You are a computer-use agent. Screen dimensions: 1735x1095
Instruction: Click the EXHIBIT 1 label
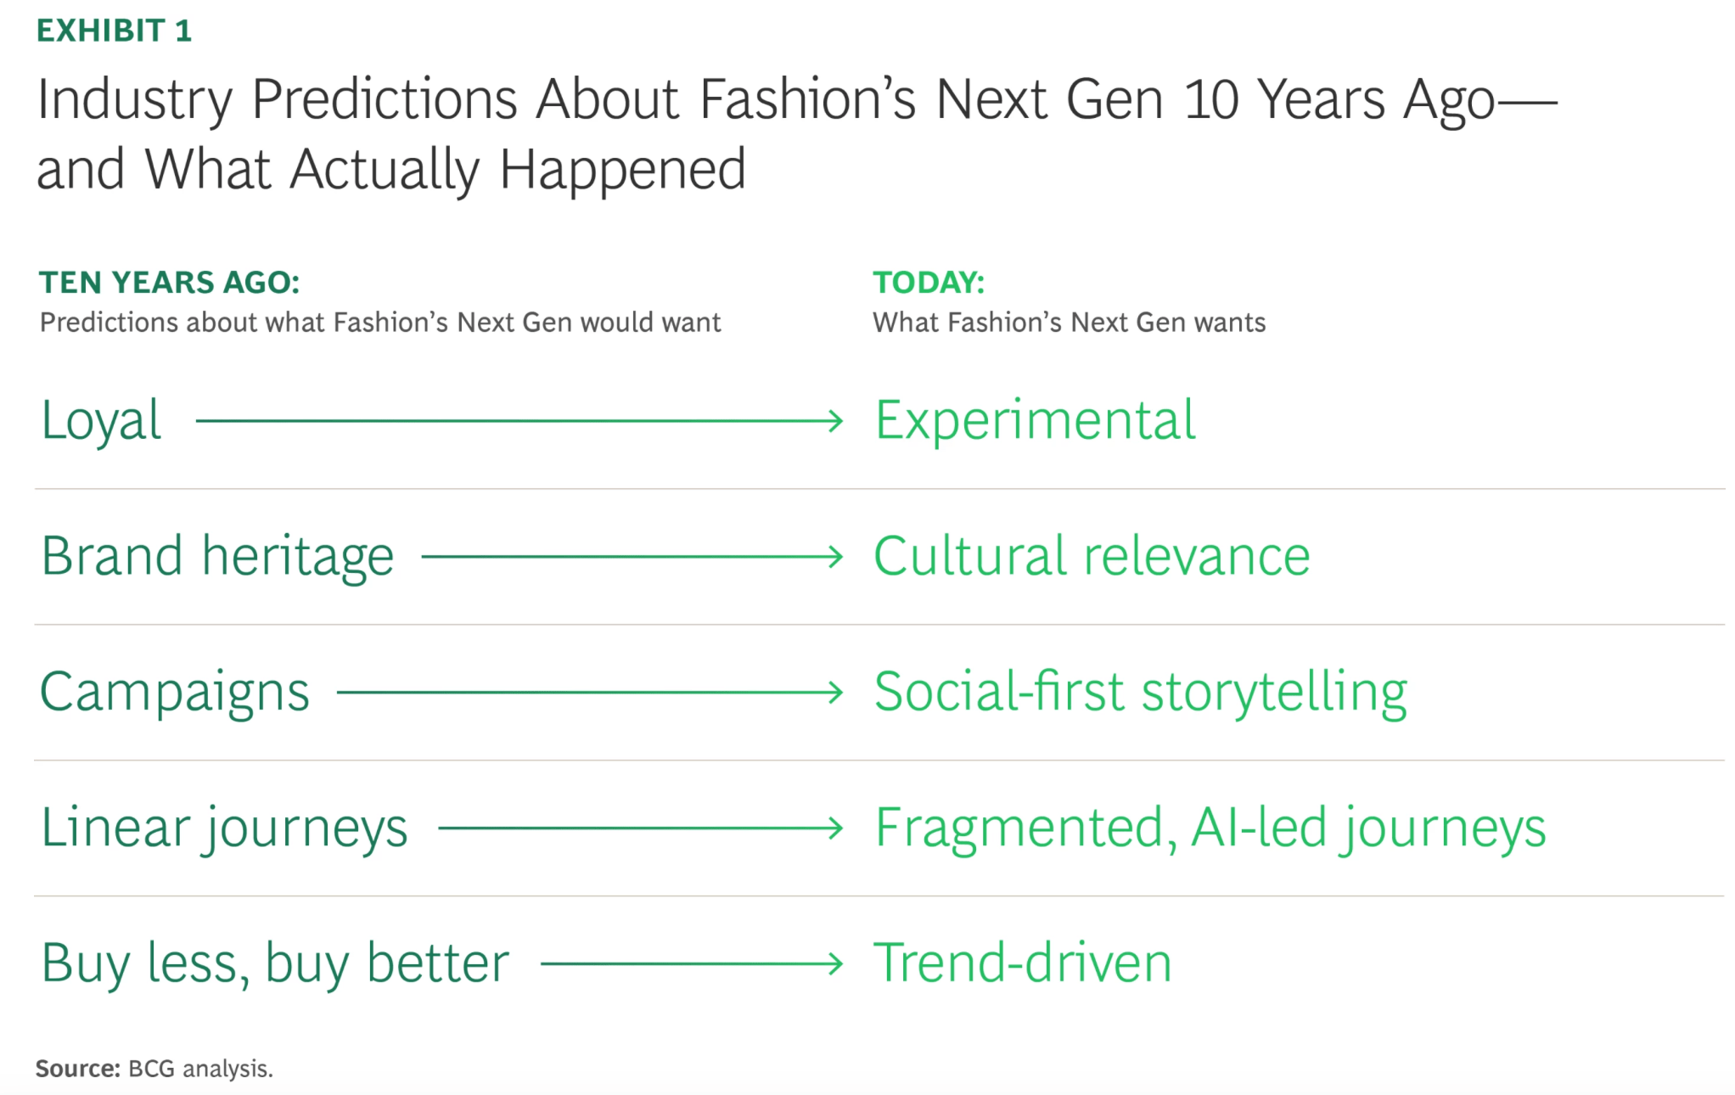pos(115,31)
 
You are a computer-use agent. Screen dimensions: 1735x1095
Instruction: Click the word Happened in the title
pos(622,171)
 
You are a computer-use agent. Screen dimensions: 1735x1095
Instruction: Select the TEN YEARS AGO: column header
pos(170,283)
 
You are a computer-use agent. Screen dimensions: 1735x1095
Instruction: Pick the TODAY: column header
pos(929,283)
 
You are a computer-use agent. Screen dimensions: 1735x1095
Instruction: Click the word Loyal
pos(101,421)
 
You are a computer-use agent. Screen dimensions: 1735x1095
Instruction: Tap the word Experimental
pos(1035,421)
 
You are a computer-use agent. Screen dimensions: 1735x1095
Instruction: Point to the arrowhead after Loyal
pos(836,421)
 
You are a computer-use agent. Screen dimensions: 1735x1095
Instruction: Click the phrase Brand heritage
pos(217,557)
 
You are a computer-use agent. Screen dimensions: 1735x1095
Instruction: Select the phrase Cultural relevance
pos(1092,557)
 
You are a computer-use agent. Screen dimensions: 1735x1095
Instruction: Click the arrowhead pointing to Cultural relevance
pos(836,557)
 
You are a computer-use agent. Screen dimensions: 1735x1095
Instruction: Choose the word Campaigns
pos(175,693)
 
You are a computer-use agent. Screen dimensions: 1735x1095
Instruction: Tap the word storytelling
pos(1274,693)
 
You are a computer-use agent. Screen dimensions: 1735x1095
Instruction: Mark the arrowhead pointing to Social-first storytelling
pos(836,693)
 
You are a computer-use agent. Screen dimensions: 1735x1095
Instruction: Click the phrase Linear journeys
pos(225,828)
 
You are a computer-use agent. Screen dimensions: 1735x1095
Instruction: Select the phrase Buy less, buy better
pos(276,964)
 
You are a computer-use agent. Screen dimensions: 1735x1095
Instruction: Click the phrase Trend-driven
pos(1023,963)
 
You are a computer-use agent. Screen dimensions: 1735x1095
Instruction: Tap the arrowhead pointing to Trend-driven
pos(836,964)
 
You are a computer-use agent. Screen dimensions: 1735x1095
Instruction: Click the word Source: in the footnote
pos(78,1069)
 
